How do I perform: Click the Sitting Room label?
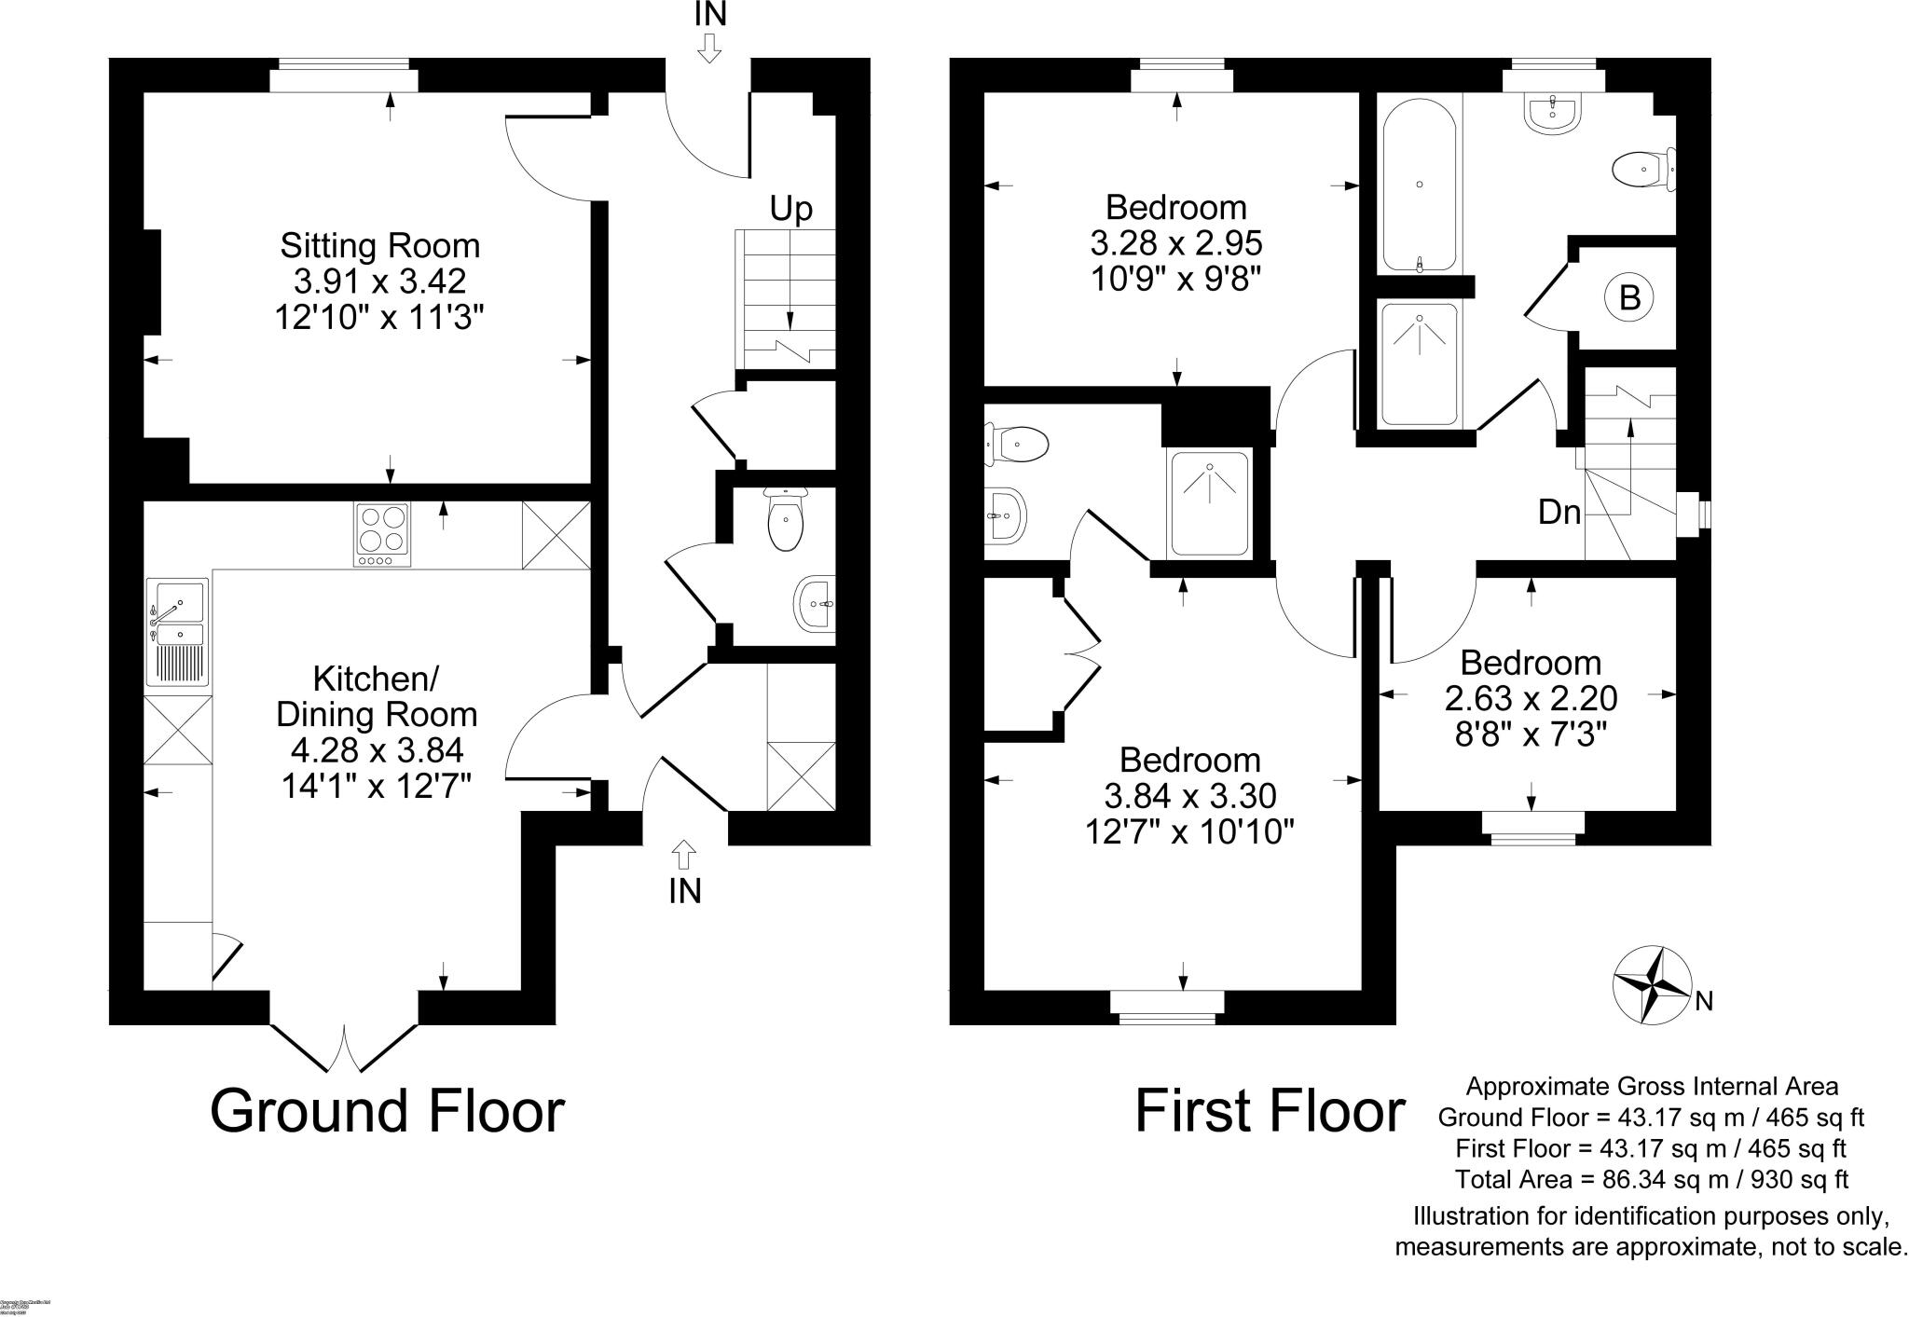380,246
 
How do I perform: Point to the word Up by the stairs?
790,209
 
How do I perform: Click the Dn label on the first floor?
1559,512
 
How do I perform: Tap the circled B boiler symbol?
1628,298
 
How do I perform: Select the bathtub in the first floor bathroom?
1419,185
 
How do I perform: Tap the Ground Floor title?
387,1111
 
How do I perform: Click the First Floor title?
1269,1111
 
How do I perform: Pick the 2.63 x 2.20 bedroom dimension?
1531,698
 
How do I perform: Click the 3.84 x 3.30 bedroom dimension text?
1189,796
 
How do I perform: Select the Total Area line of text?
1651,1179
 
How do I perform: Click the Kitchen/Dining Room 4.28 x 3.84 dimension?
377,750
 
